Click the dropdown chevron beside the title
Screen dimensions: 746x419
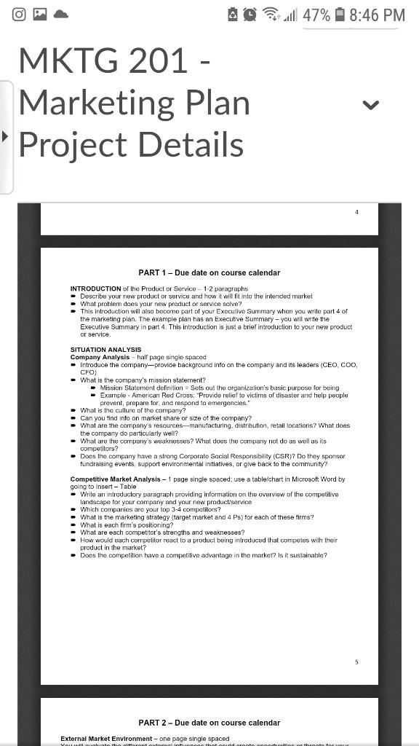coord(370,105)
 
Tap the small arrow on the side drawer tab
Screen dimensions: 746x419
coord(6,136)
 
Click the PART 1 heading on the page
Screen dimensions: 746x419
coord(209,272)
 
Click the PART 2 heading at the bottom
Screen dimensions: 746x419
coord(209,723)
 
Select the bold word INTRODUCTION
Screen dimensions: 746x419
coord(95,289)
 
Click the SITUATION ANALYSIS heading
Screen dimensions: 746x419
coord(105,350)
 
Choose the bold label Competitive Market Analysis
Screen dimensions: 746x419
coord(116,479)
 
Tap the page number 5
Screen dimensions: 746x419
coord(356,661)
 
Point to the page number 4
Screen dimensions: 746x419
coord(356,211)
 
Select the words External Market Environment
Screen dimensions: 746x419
coord(106,739)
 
